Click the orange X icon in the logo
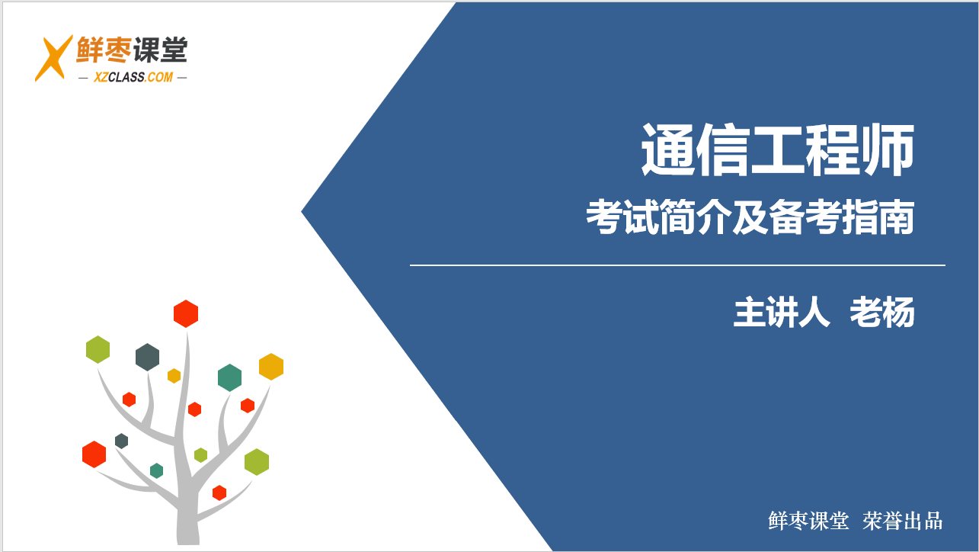coord(54,58)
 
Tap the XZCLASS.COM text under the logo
coord(133,78)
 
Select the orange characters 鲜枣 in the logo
coord(104,50)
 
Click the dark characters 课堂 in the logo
coord(160,50)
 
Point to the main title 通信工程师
coord(778,149)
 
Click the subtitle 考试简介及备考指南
coord(750,217)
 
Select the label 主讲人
coord(782,313)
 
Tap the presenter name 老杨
coord(882,313)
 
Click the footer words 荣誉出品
coord(903,521)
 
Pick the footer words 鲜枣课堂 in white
coord(808,521)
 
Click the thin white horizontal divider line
coord(677,265)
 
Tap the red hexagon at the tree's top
coord(186,313)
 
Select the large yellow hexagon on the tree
coord(271,367)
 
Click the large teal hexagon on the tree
coord(229,377)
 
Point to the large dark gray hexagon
coord(147,357)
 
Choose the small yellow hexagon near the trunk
coord(174,376)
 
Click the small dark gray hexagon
coord(121,441)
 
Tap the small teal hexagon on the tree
coord(156,470)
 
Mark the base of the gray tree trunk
coord(188,541)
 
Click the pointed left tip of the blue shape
coord(302,212)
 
